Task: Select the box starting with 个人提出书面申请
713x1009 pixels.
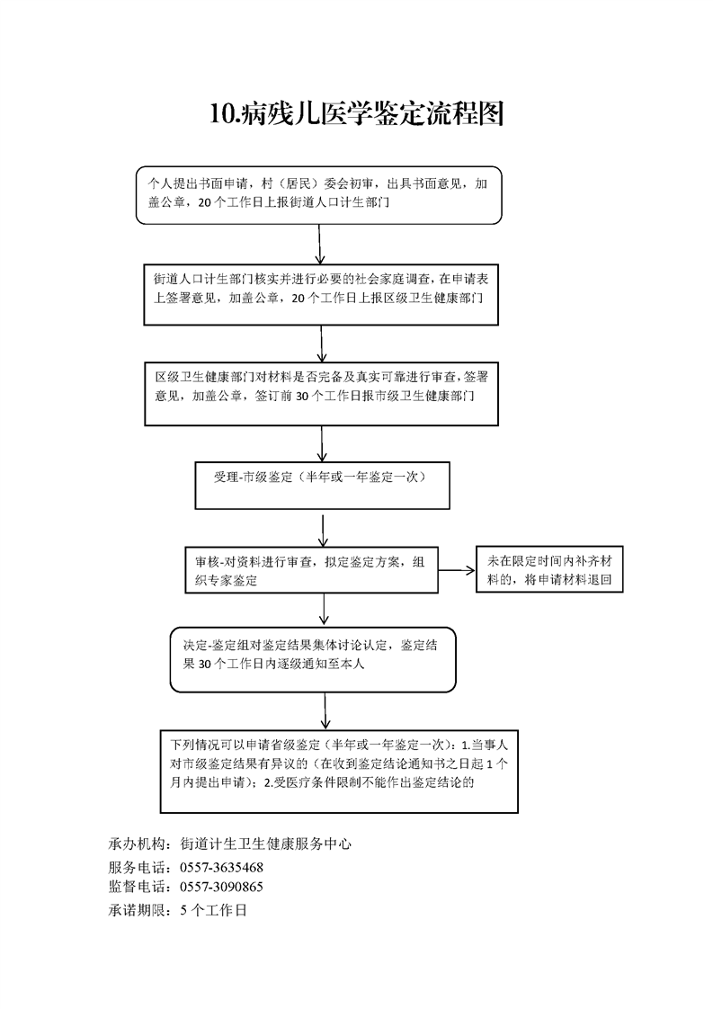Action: click(318, 195)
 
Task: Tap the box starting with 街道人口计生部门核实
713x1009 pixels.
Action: click(321, 294)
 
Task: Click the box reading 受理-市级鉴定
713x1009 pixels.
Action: click(322, 486)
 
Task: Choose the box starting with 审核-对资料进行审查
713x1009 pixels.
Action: click(311, 570)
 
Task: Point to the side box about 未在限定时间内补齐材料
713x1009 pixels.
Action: click(549, 569)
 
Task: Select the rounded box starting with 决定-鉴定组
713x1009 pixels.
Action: click(313, 659)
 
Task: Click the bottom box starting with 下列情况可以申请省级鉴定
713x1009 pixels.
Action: click(339, 772)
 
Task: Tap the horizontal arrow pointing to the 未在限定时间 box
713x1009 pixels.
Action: click(457, 570)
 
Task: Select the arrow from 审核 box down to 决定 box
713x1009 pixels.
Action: click(324, 610)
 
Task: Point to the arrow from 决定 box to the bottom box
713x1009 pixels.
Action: click(325, 711)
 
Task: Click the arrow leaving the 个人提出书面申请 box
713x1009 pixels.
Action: click(320, 244)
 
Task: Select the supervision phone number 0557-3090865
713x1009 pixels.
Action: click(221, 887)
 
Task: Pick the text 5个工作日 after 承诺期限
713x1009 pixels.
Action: click(214, 911)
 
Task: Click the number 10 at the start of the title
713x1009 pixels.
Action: click(222, 114)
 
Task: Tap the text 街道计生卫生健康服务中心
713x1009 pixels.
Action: click(266, 844)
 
